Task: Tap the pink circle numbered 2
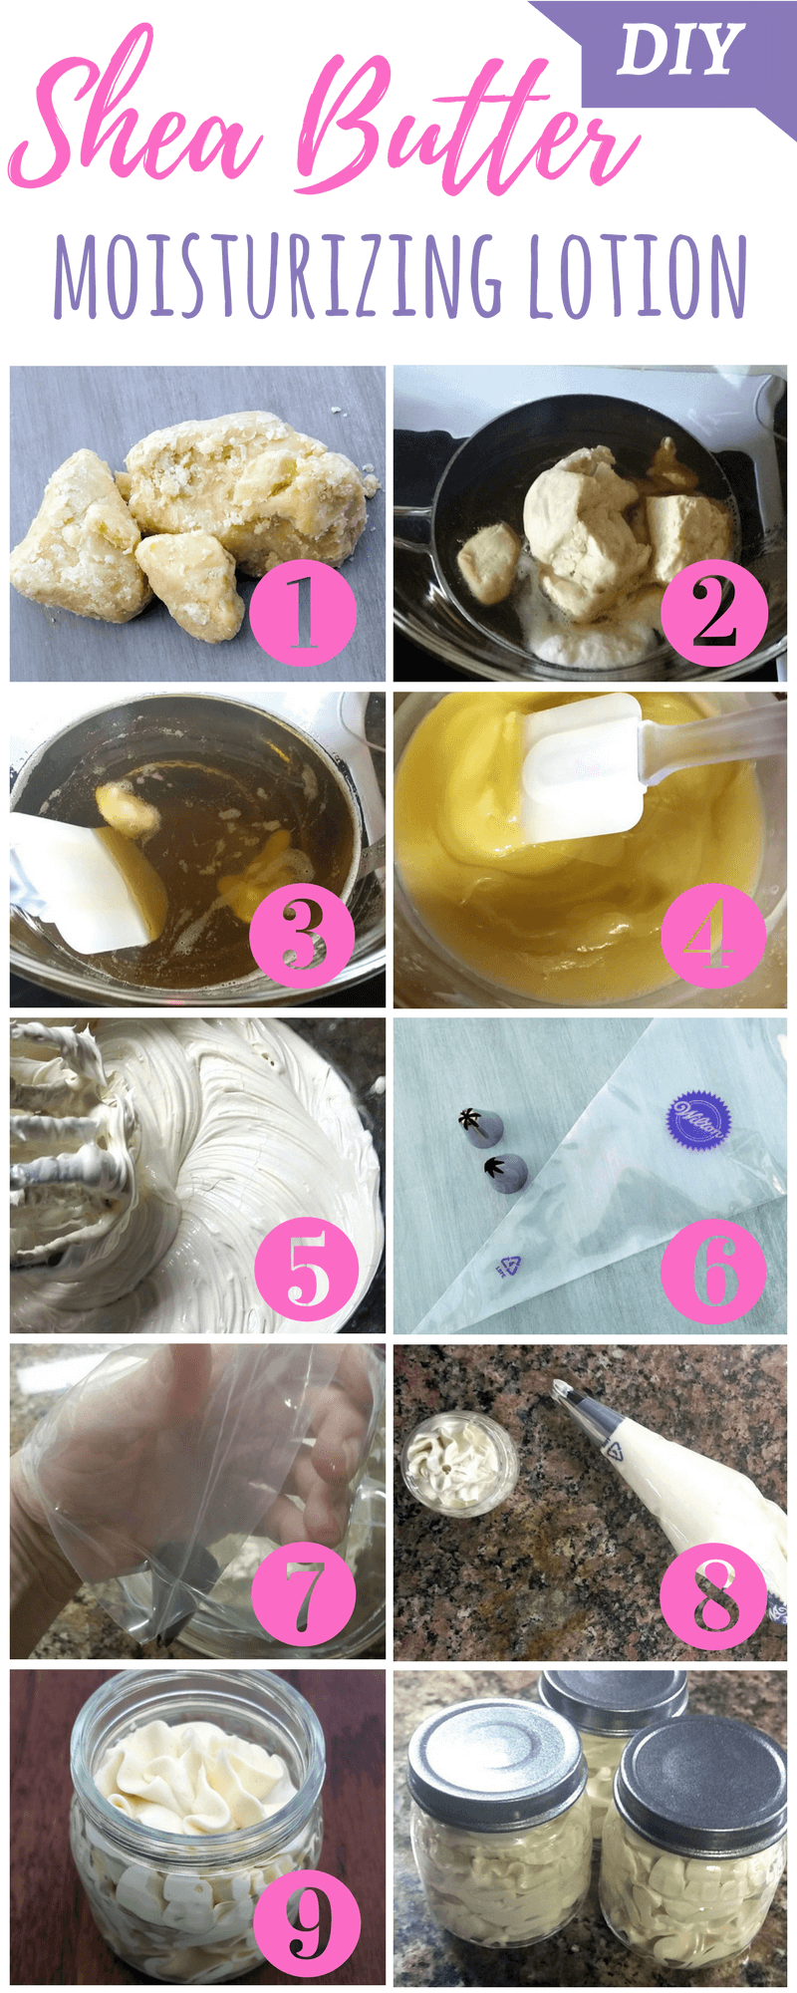tap(714, 610)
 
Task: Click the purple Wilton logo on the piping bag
tap(698, 1119)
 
